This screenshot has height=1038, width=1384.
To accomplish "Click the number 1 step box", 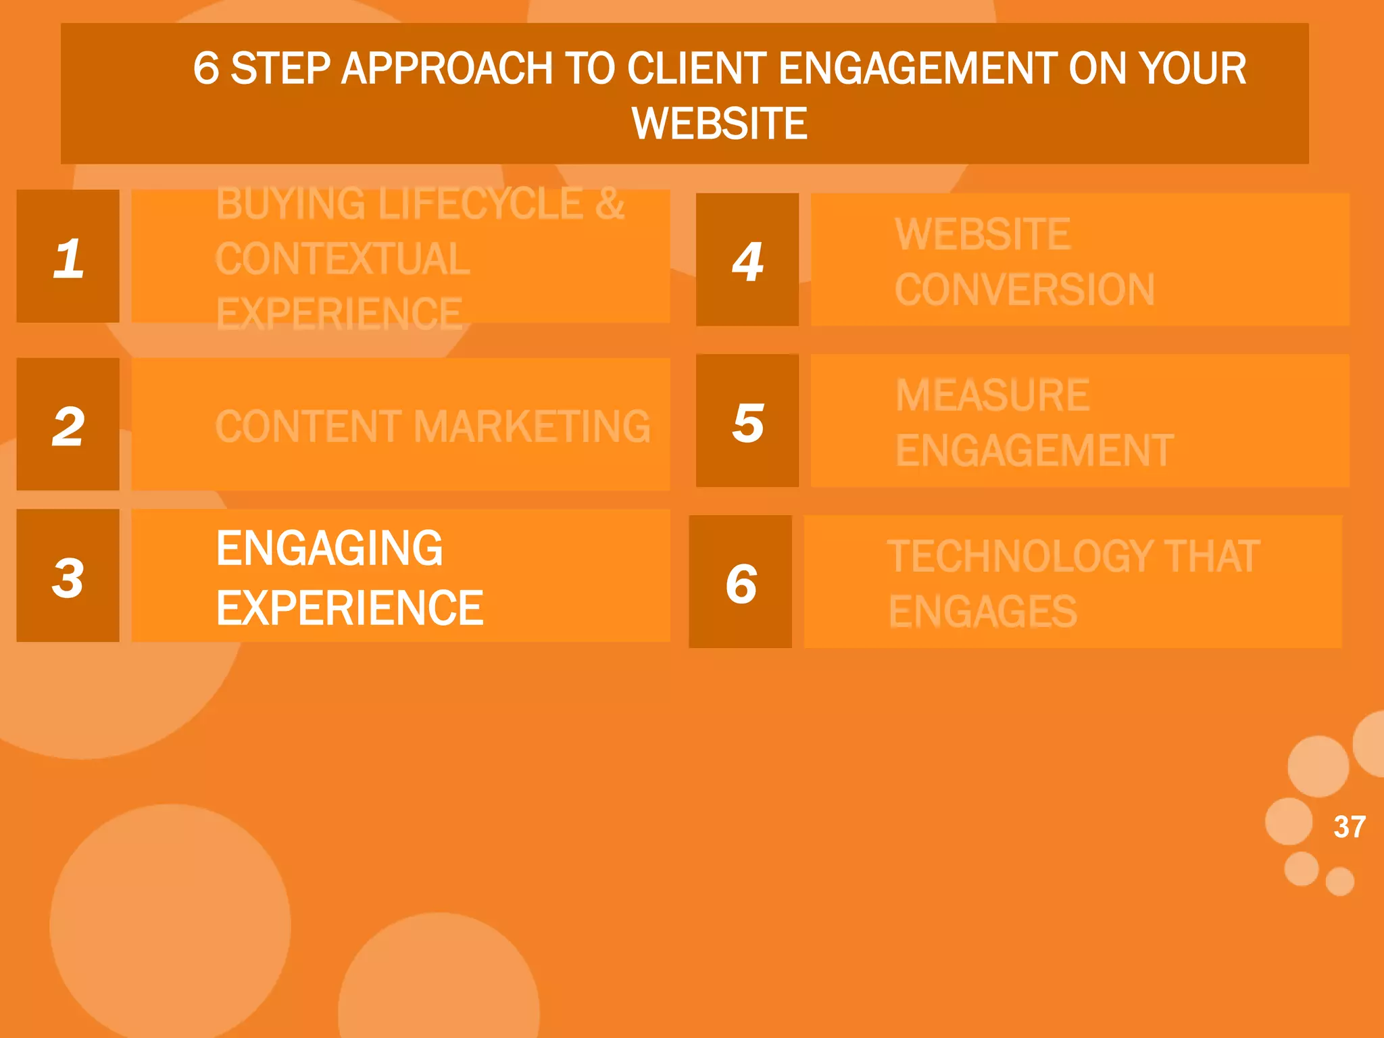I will pos(68,256).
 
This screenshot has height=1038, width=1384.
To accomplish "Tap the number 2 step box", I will pos(68,424).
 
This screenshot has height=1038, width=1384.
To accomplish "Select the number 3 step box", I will pos(68,576).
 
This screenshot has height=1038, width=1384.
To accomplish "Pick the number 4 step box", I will pos(747,260).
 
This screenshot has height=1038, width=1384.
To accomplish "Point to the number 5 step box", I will pos(747,421).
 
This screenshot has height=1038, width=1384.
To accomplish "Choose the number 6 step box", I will pos(741,582).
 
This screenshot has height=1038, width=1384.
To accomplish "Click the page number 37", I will pos(1350,826).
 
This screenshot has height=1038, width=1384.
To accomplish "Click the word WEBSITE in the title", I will pos(720,124).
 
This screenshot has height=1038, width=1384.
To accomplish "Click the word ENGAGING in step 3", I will pos(329,548).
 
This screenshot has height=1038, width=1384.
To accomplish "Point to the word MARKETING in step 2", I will pos(532,426).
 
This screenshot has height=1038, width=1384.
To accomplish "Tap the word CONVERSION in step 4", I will pos(1024,290).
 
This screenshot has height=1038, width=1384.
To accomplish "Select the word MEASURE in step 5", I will pos(992,395).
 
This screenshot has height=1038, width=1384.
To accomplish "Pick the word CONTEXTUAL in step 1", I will pos(343,259).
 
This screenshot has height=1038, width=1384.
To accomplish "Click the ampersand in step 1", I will pos(610,203).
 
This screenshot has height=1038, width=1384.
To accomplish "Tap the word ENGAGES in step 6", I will pos(983,612).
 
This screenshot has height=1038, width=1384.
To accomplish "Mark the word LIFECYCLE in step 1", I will pos(480,203).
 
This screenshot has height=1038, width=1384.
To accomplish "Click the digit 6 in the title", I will pos(206,68).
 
